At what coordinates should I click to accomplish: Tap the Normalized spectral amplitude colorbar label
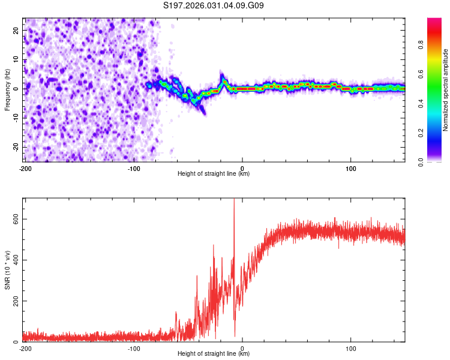click(x=445, y=90)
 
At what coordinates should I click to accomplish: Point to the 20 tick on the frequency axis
click(x=16, y=30)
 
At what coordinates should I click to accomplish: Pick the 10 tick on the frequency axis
click(x=16, y=59)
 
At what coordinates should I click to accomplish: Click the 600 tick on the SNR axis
click(x=15, y=219)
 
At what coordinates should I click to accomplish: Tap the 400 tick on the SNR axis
click(x=15, y=260)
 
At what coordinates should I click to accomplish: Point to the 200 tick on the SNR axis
click(x=15, y=301)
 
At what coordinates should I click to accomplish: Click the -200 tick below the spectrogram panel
click(x=25, y=168)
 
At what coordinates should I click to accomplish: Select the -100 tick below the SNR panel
click(x=133, y=348)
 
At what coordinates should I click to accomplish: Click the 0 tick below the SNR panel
click(x=242, y=348)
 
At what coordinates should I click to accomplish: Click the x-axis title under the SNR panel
click(x=214, y=354)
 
